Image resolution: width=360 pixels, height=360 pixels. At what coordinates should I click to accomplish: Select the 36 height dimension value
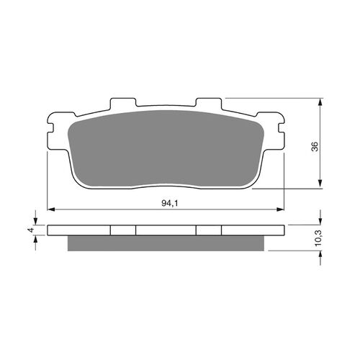click(314, 146)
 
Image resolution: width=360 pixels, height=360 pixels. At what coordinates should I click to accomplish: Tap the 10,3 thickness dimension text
click(314, 238)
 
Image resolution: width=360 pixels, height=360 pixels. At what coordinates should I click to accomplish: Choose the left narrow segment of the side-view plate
click(123, 231)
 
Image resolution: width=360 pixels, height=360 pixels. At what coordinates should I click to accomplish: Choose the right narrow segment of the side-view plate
click(209, 231)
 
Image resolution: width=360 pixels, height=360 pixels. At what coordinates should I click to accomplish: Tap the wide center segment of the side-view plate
click(166, 231)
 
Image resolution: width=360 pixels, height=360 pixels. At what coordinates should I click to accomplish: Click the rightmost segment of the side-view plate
click(253, 231)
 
